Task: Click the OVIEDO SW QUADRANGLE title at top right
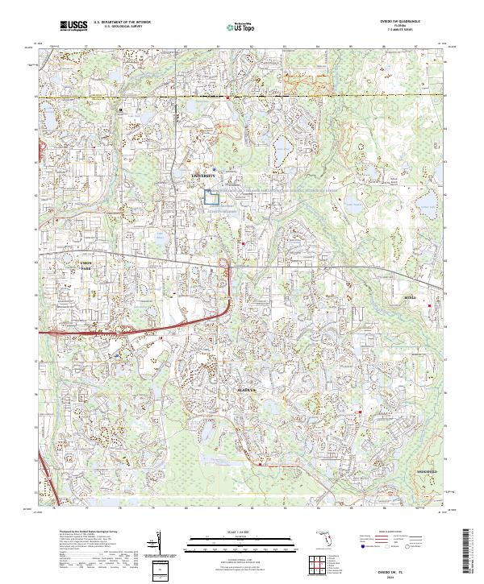pyautogui.click(x=394, y=23)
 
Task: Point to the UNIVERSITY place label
pyautogui.click(x=204, y=175)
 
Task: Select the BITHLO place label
pyautogui.click(x=413, y=298)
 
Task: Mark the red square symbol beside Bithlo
pyautogui.click(x=429, y=305)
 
